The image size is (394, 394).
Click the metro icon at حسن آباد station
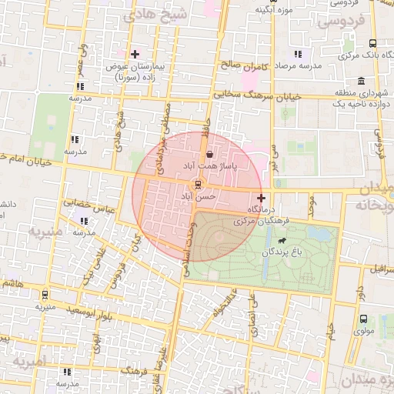pyautogui.click(x=199, y=185)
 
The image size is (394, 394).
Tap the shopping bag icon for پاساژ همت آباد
pyautogui.click(x=209, y=155)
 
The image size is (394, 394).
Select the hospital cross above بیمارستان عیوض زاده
pyautogui.click(x=135, y=54)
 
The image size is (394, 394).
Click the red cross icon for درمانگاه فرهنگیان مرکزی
pyautogui.click(x=261, y=199)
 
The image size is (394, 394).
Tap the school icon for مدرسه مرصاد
pyautogui.click(x=298, y=54)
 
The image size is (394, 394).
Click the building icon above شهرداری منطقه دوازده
pyautogui.click(x=361, y=82)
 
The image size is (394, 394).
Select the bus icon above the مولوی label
pyautogui.click(x=362, y=319)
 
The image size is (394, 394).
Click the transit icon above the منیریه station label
pyautogui.click(x=45, y=294)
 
